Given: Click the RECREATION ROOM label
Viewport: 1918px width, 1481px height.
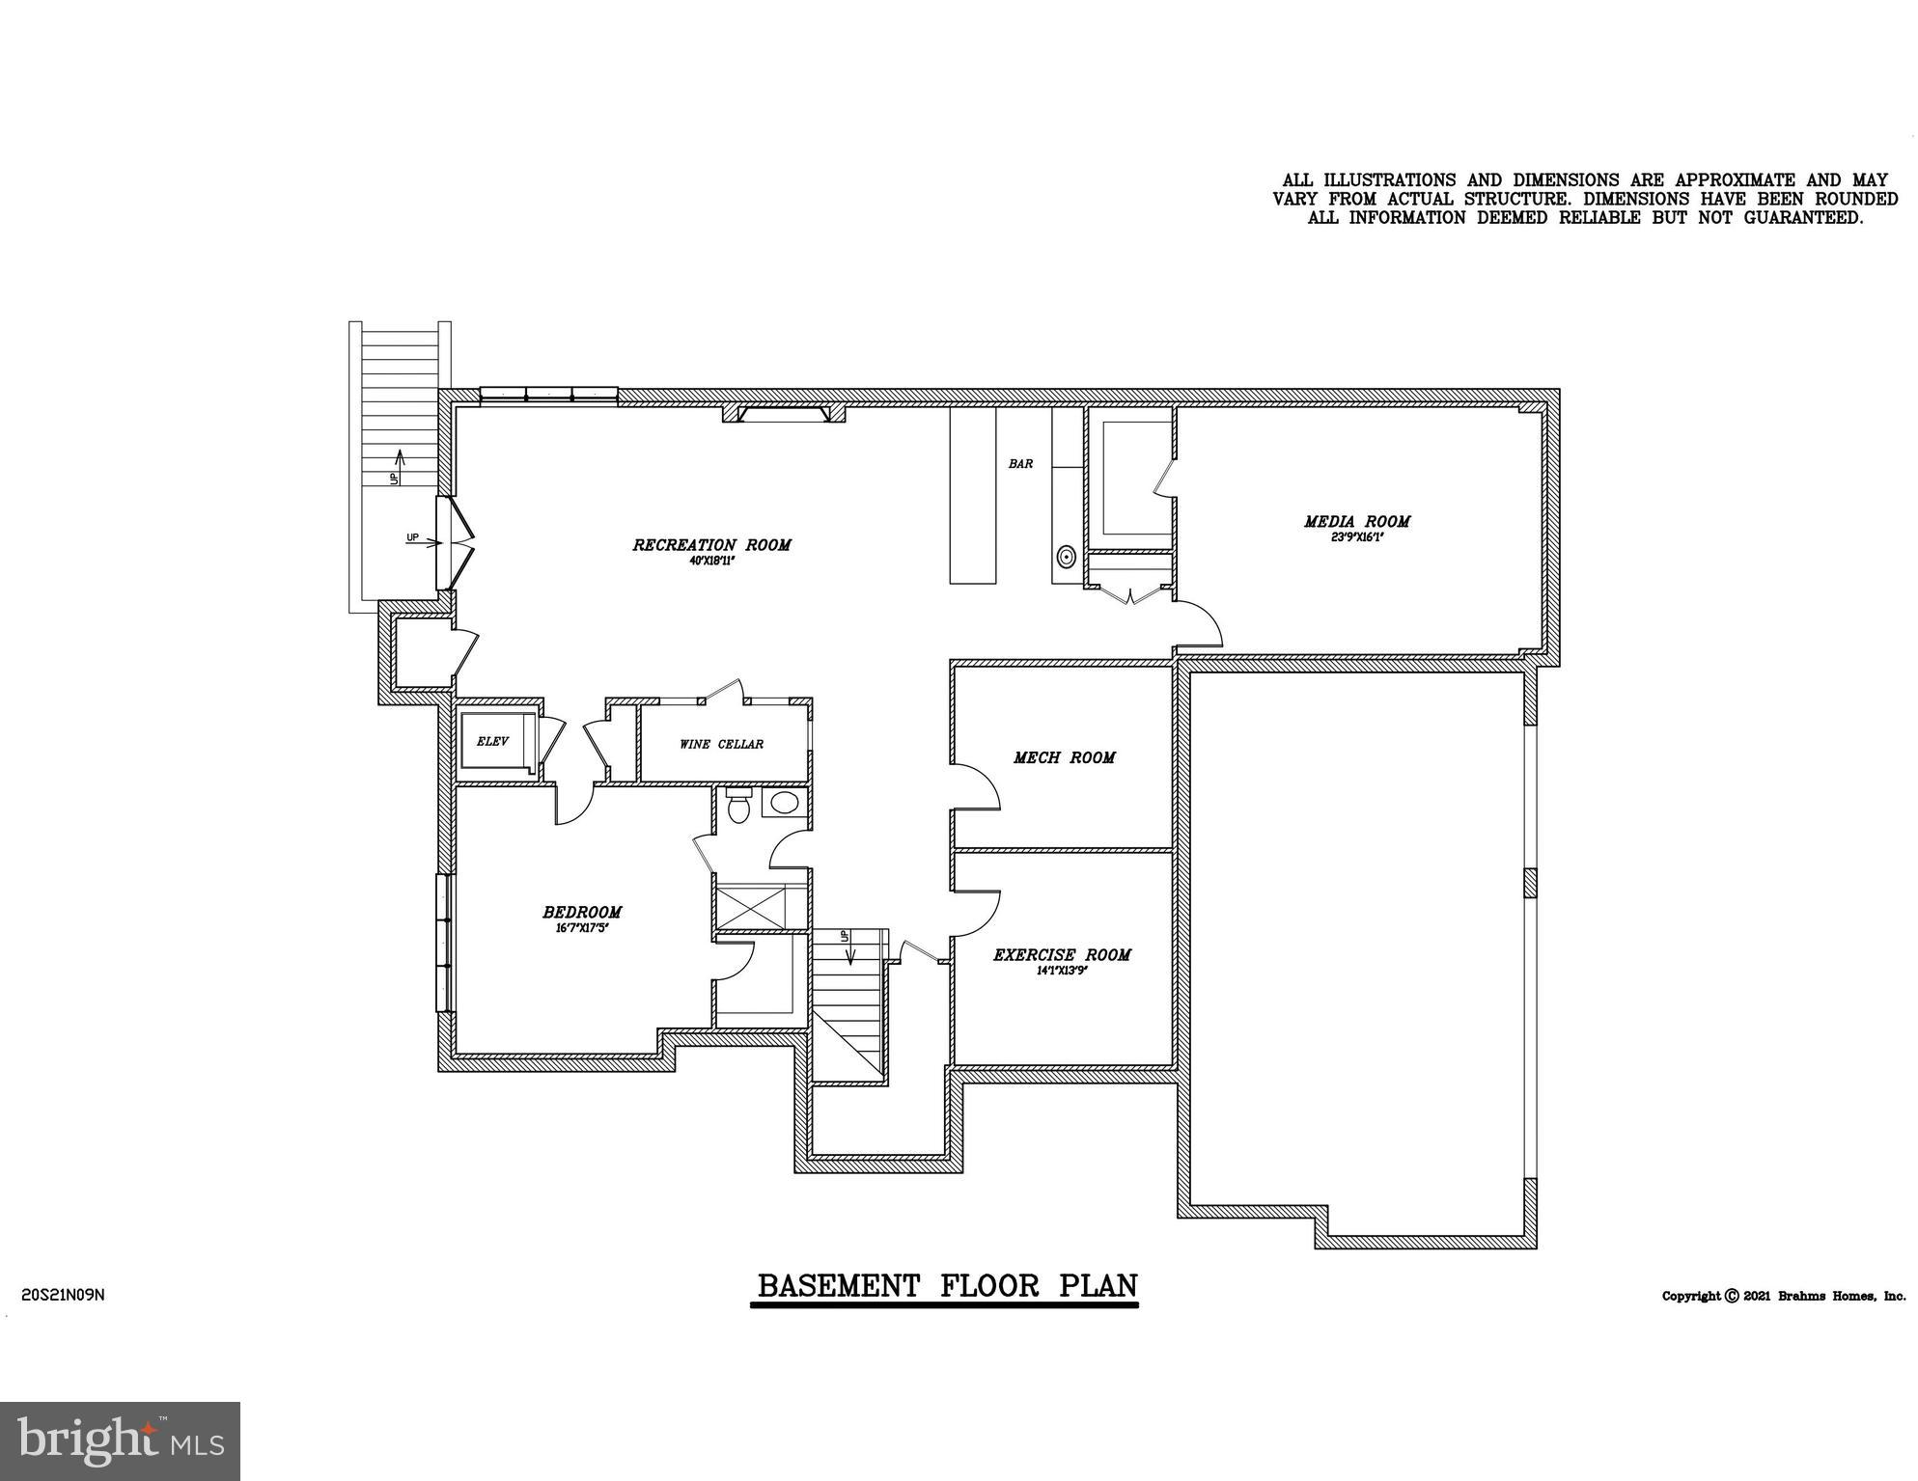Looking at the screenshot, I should point(711,545).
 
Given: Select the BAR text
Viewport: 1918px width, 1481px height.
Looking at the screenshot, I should point(1020,464).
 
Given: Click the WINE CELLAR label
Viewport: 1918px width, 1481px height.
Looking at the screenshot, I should point(721,744).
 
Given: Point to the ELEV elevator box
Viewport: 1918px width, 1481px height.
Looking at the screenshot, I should point(494,742).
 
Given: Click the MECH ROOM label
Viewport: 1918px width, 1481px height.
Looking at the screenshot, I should point(1064,758).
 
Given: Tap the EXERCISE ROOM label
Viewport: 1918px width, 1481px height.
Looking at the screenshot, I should point(1062,955).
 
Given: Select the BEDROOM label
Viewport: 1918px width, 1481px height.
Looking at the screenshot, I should point(582,912).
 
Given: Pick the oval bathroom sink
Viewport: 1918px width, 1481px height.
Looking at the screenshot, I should point(785,802).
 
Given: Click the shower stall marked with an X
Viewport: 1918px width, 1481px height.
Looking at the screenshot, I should point(760,907).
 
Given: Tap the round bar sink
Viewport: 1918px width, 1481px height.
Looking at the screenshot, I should point(1066,557).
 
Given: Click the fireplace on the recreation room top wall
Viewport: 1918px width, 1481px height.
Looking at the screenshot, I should point(784,414).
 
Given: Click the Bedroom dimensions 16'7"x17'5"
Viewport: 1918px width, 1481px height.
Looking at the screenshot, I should point(582,928).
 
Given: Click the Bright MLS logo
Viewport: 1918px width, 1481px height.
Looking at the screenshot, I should point(120,1440).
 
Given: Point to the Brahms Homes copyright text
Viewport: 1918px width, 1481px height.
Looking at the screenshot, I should point(1783,1296).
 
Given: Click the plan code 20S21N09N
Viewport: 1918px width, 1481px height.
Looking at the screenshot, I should point(63,1295).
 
